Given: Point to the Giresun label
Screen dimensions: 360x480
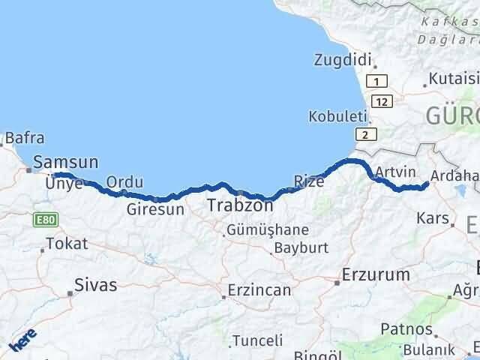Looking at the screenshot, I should point(155,209).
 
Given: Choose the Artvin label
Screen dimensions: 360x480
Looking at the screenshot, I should point(395,171).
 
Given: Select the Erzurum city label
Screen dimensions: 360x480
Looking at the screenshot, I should point(376,274).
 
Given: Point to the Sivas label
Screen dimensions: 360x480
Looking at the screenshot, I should point(96,284).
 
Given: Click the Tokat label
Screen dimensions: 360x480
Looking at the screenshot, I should point(67,243).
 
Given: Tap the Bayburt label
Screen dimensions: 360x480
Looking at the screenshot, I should point(301,247).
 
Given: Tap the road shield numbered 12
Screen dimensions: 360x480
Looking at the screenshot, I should point(384,100).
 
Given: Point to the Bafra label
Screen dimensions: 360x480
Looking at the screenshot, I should point(25,138).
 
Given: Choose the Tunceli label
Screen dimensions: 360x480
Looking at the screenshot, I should point(257,340).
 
